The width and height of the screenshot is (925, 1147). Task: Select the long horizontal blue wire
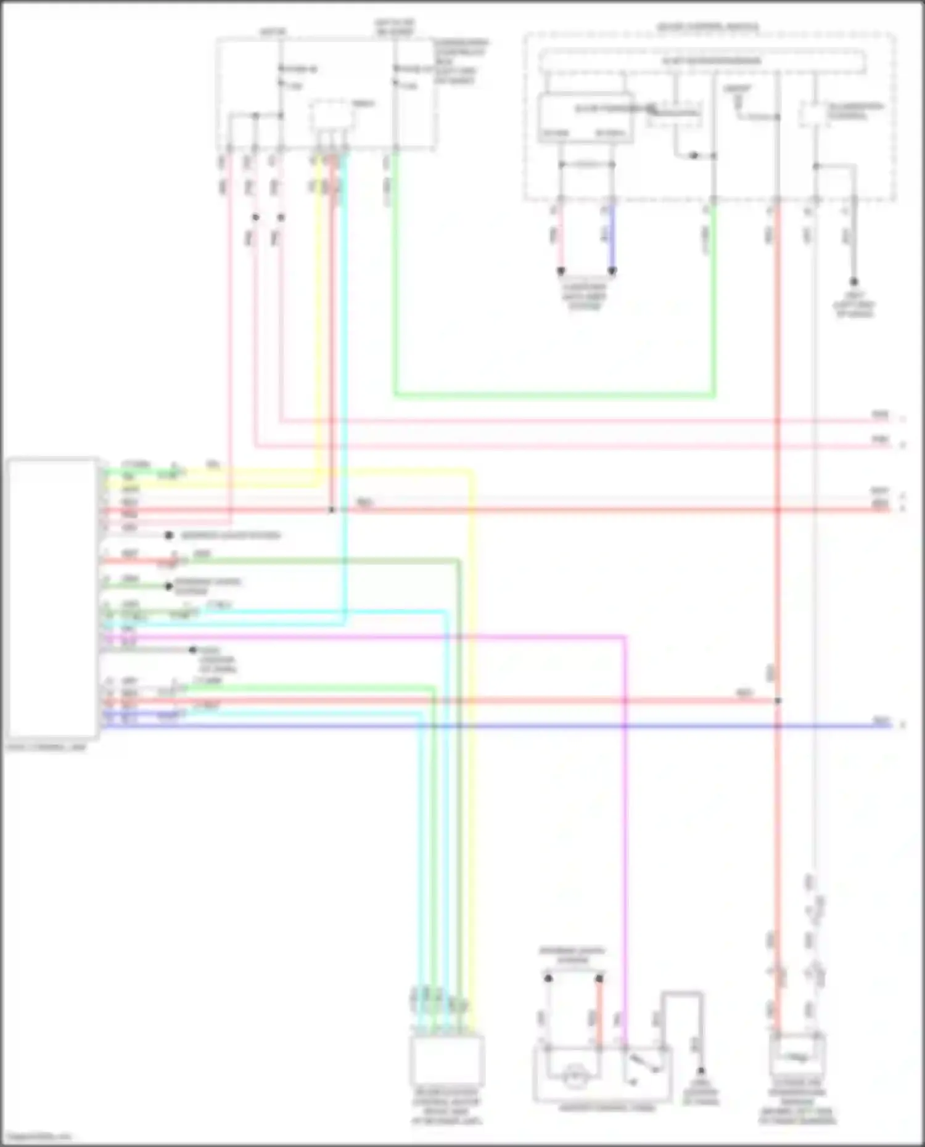[x=493, y=726]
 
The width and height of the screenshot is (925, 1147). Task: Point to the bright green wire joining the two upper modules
[x=555, y=395]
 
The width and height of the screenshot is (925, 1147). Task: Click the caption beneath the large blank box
[x=46, y=748]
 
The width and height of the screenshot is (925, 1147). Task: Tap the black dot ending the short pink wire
[x=561, y=271]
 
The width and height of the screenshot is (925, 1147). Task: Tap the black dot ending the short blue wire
[x=612, y=271]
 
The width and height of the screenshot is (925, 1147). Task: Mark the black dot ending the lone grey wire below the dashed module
[x=854, y=282]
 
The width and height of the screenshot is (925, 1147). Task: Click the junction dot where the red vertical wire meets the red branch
[x=778, y=701]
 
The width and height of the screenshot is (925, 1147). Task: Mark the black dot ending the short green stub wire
[x=168, y=586]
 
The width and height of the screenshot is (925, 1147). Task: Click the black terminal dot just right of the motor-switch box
[x=701, y=1071]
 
